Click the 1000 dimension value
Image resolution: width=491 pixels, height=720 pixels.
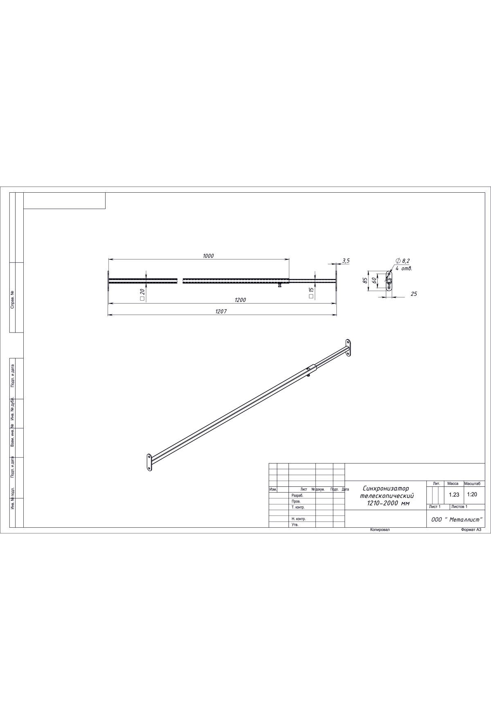208,256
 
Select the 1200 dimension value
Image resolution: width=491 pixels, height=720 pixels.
240,300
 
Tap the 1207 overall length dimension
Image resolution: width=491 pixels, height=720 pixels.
221,311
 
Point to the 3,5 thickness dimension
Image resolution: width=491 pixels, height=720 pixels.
346,260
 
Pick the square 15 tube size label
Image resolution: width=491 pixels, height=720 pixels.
311,292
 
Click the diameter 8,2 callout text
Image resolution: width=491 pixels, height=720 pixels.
403,261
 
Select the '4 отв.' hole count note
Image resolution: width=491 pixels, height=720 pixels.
403,269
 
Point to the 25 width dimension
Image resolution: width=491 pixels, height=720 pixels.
414,294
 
